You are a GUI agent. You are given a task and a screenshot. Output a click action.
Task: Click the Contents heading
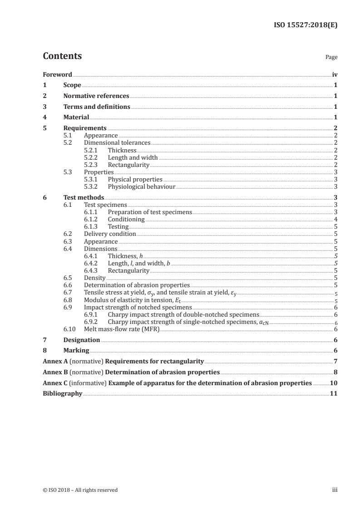pyautogui.click(x=62, y=56)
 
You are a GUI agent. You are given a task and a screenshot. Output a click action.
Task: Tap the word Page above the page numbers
pyautogui.click(x=331, y=58)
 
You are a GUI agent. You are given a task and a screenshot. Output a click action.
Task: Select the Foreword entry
pyautogui.click(x=57, y=74)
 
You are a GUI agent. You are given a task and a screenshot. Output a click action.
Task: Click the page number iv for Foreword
pyautogui.click(x=335, y=74)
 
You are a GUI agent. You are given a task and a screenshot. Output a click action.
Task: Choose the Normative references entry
pyautogui.click(x=96, y=96)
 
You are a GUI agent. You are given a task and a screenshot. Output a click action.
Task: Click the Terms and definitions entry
pyautogui.click(x=97, y=107)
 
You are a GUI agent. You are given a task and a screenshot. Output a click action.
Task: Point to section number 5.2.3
pyautogui.click(x=92, y=164)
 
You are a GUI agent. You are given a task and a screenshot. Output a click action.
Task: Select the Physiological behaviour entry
pyautogui.click(x=141, y=186)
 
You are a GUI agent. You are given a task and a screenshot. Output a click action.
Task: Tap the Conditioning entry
pyautogui.click(x=126, y=219)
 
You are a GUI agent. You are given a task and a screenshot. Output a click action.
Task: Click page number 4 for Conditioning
pyautogui.click(x=335, y=219)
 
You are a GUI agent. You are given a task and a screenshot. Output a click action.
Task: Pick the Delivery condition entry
pyautogui.click(x=110, y=234)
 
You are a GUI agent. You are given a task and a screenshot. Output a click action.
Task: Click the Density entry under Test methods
pyautogui.click(x=95, y=277)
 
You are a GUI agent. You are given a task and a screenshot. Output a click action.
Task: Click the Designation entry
pyautogui.click(x=82, y=340)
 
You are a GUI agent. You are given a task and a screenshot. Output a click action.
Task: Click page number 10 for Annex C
pyautogui.click(x=334, y=383)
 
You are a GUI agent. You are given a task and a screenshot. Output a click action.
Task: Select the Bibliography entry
pyautogui.click(x=62, y=393)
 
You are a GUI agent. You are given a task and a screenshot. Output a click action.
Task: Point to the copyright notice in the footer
pyautogui.click(x=80, y=489)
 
